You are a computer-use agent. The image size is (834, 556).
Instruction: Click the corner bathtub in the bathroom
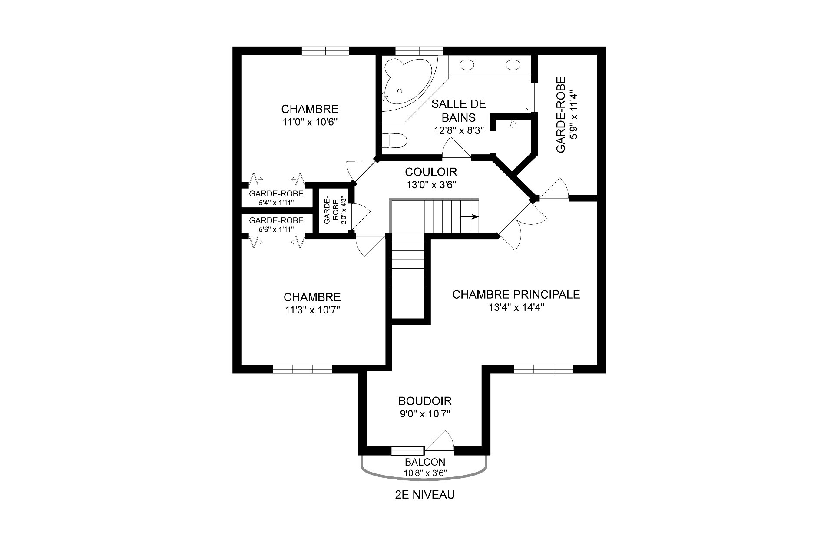pos(406,83)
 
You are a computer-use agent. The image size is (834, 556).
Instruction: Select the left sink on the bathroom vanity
pos(467,65)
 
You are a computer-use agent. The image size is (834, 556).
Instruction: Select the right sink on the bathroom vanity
pos(513,65)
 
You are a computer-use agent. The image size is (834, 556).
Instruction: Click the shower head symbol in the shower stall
pos(514,123)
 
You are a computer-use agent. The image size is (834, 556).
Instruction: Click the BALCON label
pos(425,462)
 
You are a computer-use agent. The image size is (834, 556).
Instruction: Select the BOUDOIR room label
pos(425,401)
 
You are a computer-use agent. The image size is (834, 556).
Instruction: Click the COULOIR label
pos(430,172)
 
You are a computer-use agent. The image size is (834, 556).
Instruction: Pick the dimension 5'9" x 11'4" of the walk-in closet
pos(574,115)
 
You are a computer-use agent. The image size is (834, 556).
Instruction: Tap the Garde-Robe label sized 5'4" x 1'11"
pos(276,194)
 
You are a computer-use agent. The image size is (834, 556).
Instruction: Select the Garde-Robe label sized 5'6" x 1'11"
pos(276,221)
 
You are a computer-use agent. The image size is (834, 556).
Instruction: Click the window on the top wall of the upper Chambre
pos(325,51)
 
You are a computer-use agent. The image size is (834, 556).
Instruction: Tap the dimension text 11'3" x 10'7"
pos(312,310)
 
